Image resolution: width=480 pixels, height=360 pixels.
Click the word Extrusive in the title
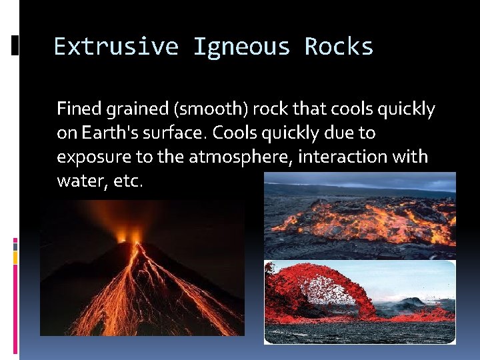115,47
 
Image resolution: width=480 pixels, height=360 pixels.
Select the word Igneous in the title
241,47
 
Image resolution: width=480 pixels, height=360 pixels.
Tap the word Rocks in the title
339,47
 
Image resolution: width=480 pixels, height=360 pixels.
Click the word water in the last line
77,181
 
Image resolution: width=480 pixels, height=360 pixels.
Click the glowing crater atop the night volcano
129,237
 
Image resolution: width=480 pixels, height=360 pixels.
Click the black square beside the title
15,45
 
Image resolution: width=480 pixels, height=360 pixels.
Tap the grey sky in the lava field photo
360,180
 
